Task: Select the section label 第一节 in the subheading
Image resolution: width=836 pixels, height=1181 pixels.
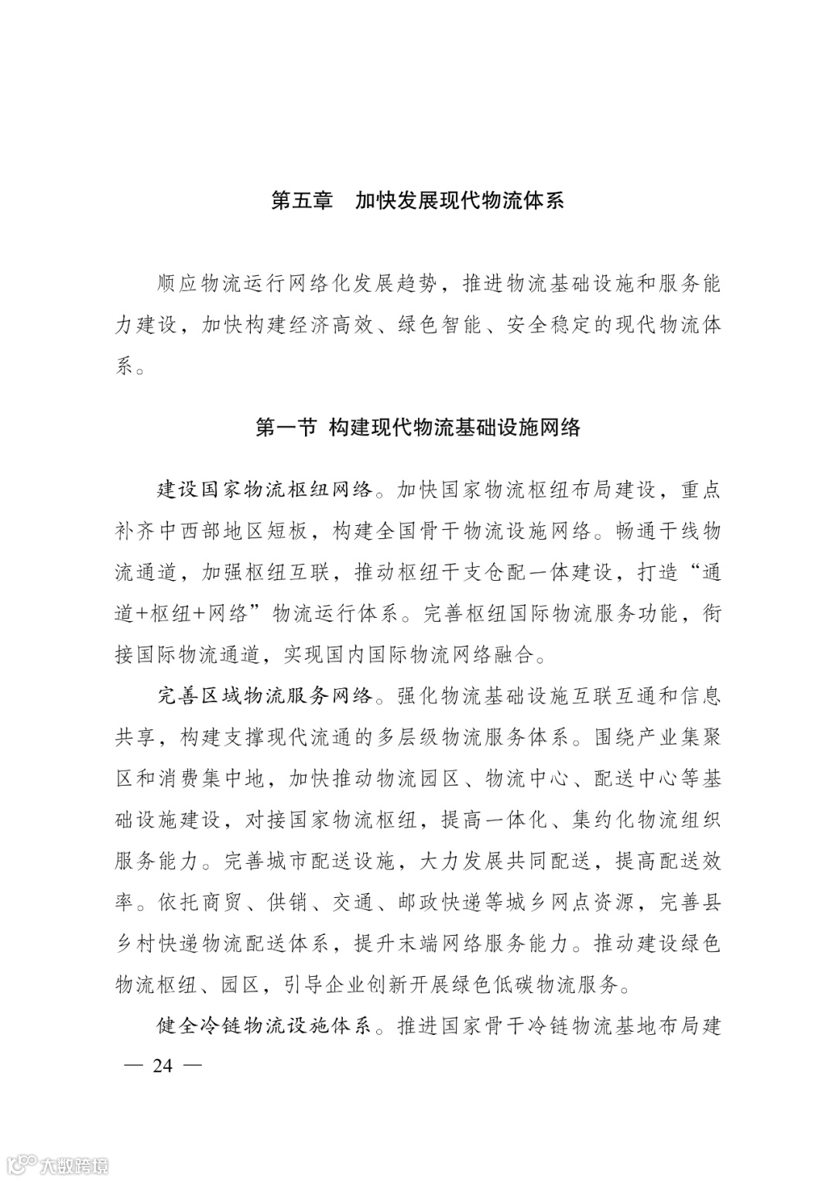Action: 286,427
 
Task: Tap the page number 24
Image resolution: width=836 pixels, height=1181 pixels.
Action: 163,1066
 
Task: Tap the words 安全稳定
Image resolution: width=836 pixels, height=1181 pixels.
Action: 550,326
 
